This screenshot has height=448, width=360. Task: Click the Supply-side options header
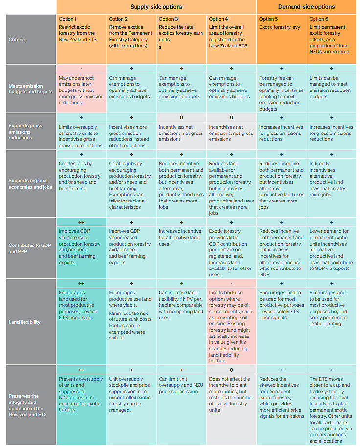click(157, 7)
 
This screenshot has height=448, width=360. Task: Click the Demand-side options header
click(306, 7)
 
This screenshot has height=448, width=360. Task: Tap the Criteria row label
click(17, 39)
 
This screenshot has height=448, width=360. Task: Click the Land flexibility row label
click(24, 322)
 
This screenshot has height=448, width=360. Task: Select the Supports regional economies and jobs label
click(29, 184)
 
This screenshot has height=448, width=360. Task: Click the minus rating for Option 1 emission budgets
click(81, 69)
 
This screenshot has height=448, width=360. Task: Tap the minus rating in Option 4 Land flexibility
click(231, 283)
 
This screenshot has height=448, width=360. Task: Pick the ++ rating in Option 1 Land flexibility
click(81, 283)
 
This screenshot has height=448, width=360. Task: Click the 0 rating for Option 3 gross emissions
click(181, 118)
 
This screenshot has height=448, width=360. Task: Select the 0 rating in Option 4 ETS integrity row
click(231, 370)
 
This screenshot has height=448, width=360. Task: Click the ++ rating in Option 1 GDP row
click(81, 222)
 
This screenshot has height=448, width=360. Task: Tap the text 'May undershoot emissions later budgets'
click(81, 87)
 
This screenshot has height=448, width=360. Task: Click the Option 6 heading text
click(316, 19)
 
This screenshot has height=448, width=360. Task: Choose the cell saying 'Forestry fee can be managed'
click(281, 93)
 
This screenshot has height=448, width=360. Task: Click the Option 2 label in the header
click(118, 19)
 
